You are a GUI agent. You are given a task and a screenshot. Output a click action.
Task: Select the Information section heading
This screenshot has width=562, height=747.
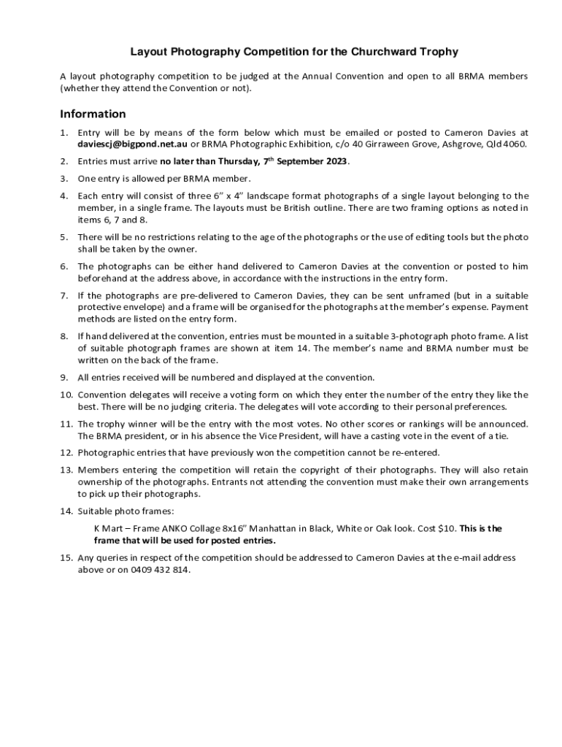[93, 114]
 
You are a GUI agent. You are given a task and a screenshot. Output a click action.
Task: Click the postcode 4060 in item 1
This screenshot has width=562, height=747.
[514, 144]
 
